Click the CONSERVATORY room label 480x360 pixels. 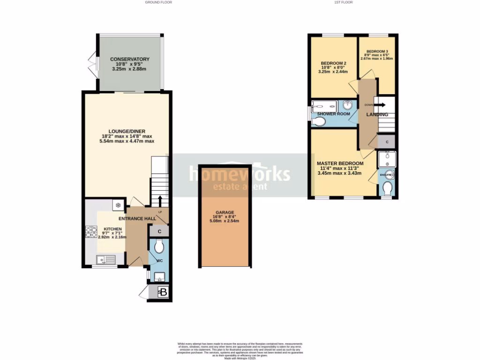[x=129, y=59]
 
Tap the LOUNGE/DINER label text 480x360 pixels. [x=127, y=131]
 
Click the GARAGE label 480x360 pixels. [x=225, y=212]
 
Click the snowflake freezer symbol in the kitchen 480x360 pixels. [x=118, y=205]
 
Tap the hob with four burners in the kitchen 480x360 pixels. [x=90, y=232]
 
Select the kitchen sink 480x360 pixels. [x=104, y=259]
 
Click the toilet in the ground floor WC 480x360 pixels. [x=159, y=246]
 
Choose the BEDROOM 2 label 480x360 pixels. [x=333, y=63]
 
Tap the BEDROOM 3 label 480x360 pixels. [x=377, y=51]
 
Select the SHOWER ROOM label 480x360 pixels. [x=333, y=114]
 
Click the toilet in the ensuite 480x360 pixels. [x=387, y=188]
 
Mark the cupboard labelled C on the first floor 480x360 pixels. [x=387, y=142]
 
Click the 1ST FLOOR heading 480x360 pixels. [x=343, y=2]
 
